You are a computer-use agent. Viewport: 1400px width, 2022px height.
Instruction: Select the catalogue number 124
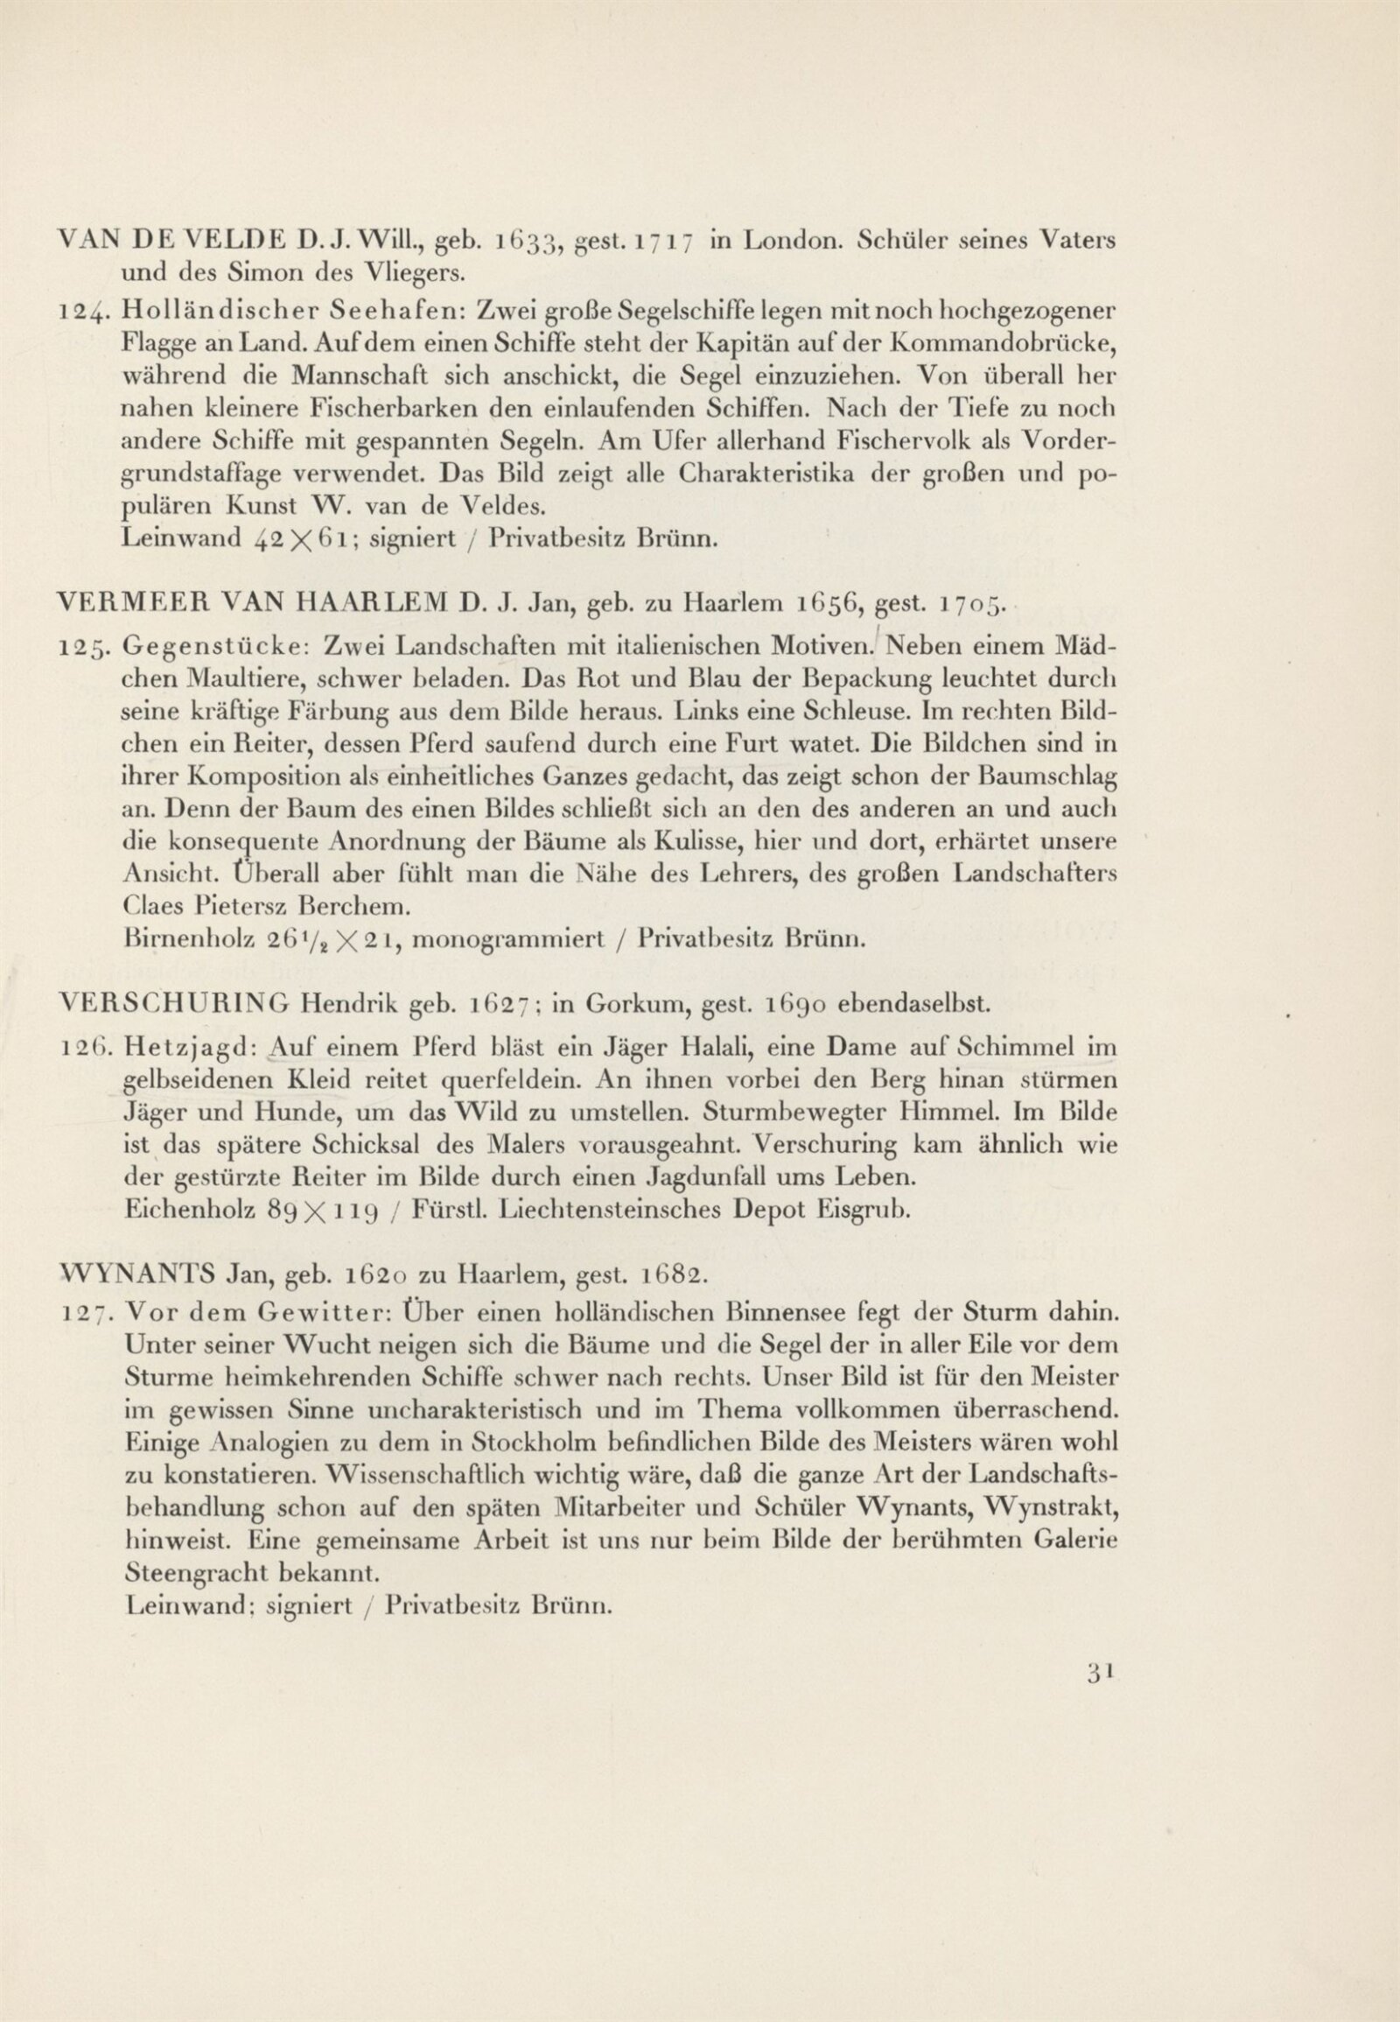[80, 312]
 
